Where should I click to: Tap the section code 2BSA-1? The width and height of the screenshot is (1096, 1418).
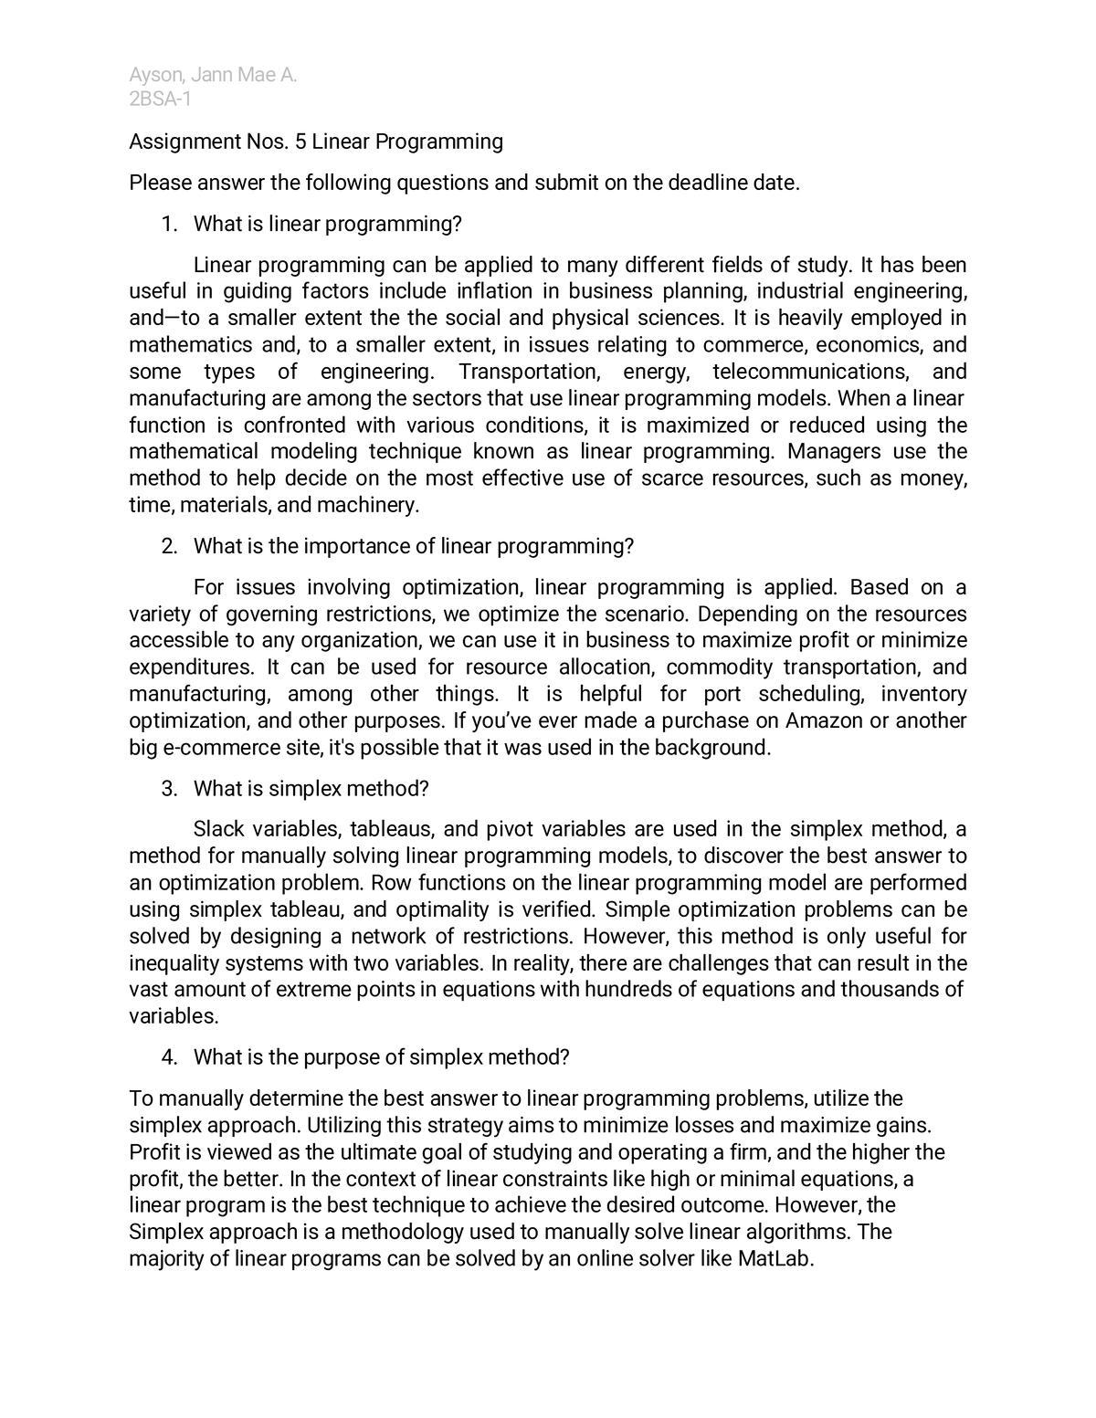pos(161,100)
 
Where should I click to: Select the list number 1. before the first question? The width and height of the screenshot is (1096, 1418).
pos(169,224)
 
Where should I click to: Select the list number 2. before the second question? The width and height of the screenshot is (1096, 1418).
pos(169,546)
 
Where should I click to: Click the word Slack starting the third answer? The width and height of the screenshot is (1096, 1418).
pos(218,829)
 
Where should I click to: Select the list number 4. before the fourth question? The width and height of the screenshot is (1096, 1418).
pos(169,1057)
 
